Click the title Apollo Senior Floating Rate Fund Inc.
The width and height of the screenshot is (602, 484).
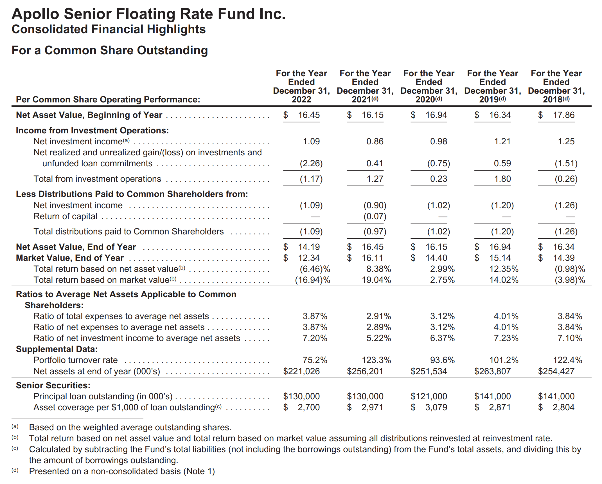[x=148, y=14]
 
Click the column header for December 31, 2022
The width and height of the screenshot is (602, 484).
[x=301, y=86]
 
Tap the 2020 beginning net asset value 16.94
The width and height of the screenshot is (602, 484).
[x=436, y=115]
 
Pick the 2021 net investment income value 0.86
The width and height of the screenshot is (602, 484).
[x=375, y=142]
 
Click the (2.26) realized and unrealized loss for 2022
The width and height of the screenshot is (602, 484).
[x=311, y=163]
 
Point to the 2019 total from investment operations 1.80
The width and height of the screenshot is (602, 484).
[x=502, y=179]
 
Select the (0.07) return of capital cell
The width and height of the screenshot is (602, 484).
[x=375, y=216]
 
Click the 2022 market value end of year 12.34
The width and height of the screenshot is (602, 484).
[x=309, y=258]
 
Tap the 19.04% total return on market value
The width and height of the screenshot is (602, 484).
[x=376, y=280]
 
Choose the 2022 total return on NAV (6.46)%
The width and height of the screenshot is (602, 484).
[x=315, y=269]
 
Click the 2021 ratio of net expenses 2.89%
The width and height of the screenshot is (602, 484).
[x=378, y=327]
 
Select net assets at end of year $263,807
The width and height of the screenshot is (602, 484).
[x=492, y=371]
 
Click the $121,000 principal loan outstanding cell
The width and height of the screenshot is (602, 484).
[x=429, y=396]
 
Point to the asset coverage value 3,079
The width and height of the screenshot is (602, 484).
[x=436, y=407]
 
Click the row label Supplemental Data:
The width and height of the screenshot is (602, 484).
[x=57, y=349]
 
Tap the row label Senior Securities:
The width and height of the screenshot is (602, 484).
[x=53, y=386]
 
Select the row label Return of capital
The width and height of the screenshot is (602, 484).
[x=65, y=216]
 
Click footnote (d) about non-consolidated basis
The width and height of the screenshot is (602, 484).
[x=121, y=471]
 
